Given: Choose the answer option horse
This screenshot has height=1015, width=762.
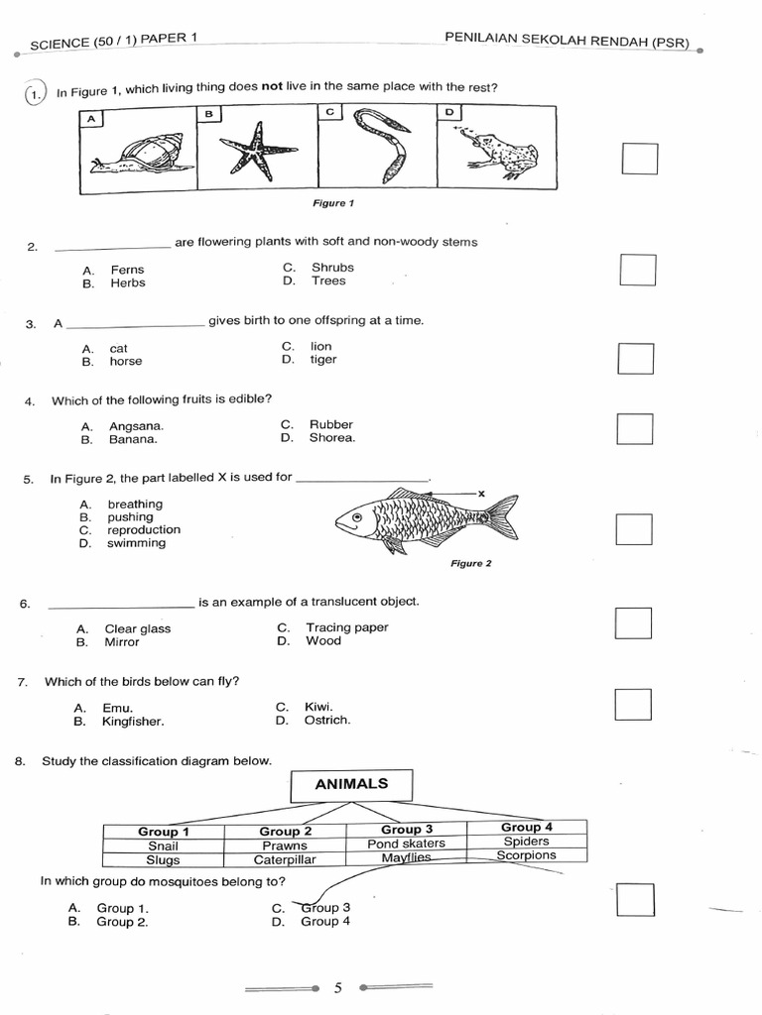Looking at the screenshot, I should tap(126, 362).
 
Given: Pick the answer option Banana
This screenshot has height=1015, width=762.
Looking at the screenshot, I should tap(133, 439).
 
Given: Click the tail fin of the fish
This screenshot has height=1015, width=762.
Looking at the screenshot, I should tap(502, 516).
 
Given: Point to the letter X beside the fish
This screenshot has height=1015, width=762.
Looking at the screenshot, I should tap(481, 493).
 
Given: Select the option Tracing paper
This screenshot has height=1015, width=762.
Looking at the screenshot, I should tap(346, 627).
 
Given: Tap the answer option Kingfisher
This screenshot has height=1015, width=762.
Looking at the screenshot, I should tap(133, 722).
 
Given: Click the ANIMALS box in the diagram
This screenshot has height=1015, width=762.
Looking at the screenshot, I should tap(351, 784).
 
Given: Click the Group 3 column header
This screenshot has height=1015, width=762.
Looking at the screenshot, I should tap(407, 830).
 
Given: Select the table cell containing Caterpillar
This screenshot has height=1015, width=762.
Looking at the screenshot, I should tap(286, 859).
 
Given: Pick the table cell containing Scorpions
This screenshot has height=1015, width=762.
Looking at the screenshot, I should tap(526, 855).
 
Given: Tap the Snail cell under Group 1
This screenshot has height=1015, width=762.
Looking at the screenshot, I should tap(164, 846).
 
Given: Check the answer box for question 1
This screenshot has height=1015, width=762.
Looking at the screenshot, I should tap(639, 159).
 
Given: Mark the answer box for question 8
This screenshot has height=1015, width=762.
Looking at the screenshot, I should tap(635, 899).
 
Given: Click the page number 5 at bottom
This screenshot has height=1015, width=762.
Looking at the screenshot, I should tap(338, 987).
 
